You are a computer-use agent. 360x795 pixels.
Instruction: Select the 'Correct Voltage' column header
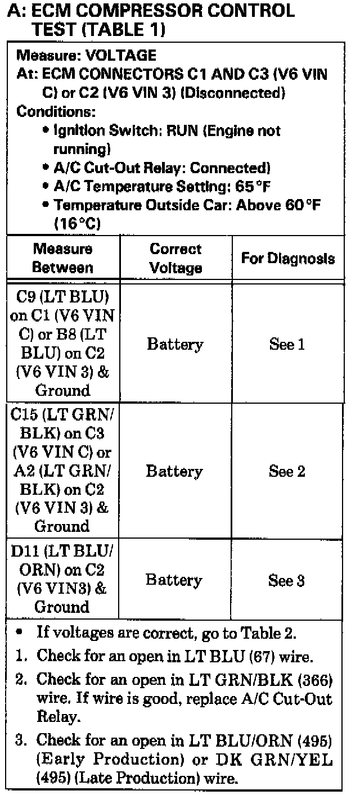[x=175, y=258]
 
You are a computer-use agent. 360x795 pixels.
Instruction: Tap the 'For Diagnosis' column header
[x=287, y=258]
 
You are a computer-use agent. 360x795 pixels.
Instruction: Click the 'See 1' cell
[x=287, y=344]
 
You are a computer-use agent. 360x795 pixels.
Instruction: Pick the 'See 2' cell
[x=287, y=471]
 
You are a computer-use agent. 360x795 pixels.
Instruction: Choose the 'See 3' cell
[x=287, y=581]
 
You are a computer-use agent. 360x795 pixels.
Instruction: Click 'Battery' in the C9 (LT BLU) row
[x=175, y=344]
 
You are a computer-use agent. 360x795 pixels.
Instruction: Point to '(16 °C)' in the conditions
[x=77, y=223]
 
